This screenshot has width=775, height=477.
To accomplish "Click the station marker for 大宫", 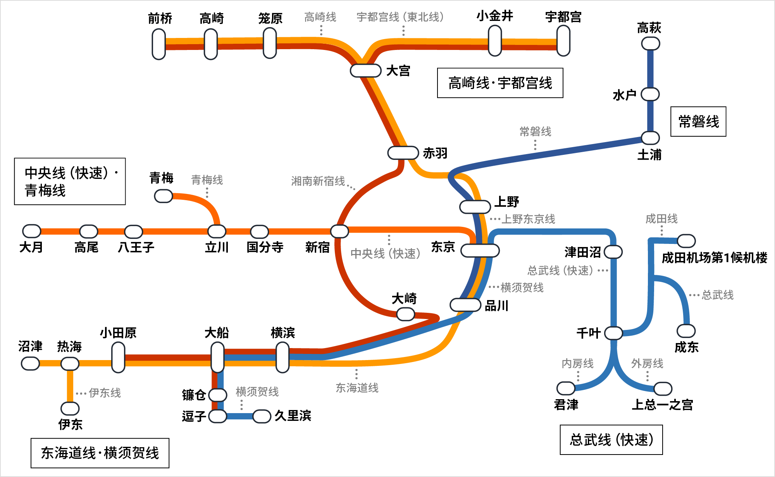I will (x=365, y=70).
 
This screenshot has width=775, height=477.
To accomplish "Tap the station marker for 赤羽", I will (x=403, y=153).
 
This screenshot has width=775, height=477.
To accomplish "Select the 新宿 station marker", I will (x=339, y=231).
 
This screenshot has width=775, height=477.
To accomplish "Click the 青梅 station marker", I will (x=164, y=196).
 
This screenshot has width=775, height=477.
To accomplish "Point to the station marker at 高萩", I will (x=651, y=43).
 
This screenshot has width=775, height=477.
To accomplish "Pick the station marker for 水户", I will (x=650, y=94).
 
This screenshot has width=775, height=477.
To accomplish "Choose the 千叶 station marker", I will (x=614, y=333).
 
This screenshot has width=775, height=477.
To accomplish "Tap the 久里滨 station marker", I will (x=262, y=416).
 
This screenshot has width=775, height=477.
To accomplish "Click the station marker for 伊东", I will (x=70, y=408).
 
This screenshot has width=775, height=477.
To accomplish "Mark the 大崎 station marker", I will (x=406, y=314).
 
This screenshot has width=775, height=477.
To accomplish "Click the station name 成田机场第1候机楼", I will (x=714, y=258).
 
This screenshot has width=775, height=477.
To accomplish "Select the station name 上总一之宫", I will (x=662, y=405).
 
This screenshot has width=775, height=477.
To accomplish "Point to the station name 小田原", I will (x=118, y=333).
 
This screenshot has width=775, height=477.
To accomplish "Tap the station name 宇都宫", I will (x=563, y=17).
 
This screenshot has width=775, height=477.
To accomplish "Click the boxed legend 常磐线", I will (x=698, y=122).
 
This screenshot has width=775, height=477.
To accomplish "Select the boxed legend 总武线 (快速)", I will (x=611, y=440).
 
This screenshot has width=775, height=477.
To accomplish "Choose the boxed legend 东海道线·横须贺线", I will (x=100, y=453).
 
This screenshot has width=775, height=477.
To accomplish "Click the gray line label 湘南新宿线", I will (x=318, y=181).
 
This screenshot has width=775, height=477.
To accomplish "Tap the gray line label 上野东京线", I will (x=528, y=219).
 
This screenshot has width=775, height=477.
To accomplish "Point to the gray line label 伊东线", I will (x=105, y=393).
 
